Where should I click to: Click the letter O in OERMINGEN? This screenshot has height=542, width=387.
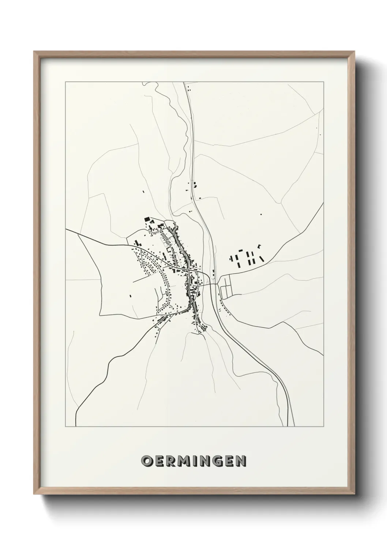tap(147, 461)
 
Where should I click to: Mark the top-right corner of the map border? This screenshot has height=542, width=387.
tap(324, 82)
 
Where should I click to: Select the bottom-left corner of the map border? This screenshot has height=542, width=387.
tap(65, 427)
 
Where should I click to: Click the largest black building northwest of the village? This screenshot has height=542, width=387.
tap(147, 219)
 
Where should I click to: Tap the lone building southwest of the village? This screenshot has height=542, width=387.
tap(130, 295)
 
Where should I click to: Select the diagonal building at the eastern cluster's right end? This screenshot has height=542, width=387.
tap(262, 259)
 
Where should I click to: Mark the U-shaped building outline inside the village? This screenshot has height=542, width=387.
tap(169, 249)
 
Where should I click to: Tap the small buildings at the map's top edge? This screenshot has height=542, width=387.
tap(188, 88)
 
